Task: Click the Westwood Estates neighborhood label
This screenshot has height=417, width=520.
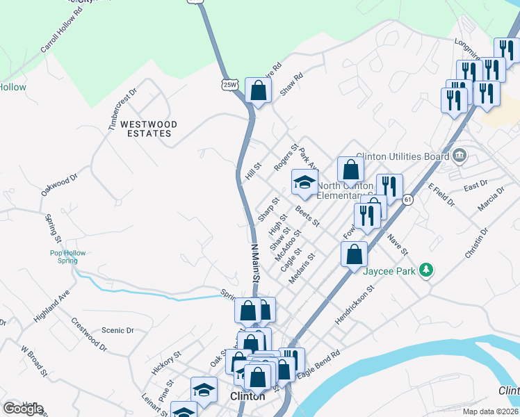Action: tap(149, 129)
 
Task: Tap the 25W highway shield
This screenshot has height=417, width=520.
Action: tap(229, 85)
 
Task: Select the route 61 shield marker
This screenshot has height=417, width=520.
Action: tap(407, 199)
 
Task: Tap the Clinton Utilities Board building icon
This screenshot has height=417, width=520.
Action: tap(459, 156)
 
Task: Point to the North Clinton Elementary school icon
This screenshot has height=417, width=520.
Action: tap(304, 183)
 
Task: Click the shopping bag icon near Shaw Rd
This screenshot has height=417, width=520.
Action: tap(258, 91)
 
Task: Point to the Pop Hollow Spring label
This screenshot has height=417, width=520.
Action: tap(68, 256)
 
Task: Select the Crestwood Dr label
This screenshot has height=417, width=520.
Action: tap(88, 334)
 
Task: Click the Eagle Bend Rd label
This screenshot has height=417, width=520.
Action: tap(318, 364)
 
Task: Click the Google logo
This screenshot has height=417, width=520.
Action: tap(23, 409)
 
